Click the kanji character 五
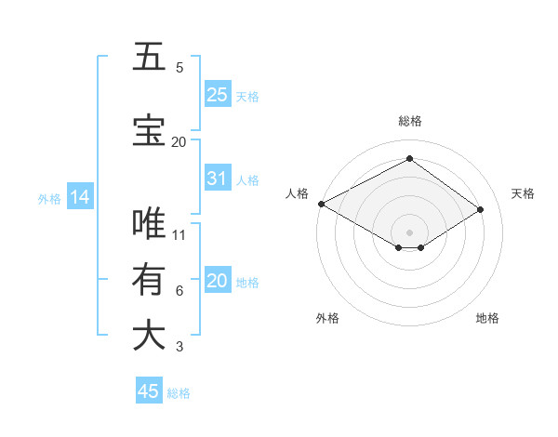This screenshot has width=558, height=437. tap(149, 57)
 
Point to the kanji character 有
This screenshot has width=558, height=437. tap(149, 280)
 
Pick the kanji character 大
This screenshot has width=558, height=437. tap(149, 336)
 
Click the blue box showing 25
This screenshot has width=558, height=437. tap(218, 95)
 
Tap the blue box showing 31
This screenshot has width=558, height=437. tap(218, 179)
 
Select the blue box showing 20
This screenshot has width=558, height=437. tap(218, 281)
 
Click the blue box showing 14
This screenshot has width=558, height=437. tap(79, 197)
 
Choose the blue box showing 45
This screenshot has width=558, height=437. tap(149, 391)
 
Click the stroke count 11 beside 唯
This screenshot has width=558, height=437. tap(179, 235)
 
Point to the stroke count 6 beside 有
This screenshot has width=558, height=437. tap(179, 291)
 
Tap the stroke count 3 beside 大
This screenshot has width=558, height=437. tap(179, 347)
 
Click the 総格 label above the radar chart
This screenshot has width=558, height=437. tap(409, 121)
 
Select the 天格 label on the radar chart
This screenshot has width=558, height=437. tap(523, 193)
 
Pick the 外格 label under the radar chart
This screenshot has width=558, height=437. tap(327, 318)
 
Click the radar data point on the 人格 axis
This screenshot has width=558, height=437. tap(321, 204)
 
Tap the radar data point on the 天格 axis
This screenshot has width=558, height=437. tap(481, 210)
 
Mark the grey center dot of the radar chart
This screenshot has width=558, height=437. tap(409, 232)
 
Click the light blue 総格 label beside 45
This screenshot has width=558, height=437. tap(179, 393)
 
